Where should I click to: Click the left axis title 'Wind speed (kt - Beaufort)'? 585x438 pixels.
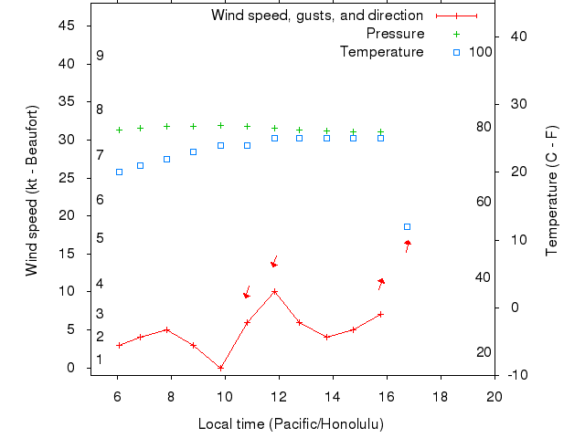(31, 190)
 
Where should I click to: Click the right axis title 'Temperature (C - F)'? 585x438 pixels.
(551, 190)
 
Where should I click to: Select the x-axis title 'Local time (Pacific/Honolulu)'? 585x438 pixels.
(291, 424)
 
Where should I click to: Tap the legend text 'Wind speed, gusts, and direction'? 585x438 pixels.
(316, 16)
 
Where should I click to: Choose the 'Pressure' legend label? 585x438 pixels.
(395, 34)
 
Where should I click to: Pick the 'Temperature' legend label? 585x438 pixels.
(381, 52)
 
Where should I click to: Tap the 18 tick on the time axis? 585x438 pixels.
(441, 396)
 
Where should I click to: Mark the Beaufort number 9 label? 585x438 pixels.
(100, 56)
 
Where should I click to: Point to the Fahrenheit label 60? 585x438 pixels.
(484, 202)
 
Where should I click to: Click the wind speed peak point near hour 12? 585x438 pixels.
(274, 291)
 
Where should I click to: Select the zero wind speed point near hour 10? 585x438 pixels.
(220, 368)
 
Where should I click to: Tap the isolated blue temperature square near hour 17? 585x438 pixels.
(407, 226)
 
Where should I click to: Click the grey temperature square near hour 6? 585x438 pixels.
(119, 172)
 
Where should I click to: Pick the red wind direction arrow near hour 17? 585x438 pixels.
(407, 245)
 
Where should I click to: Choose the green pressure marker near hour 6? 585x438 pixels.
(119, 130)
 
